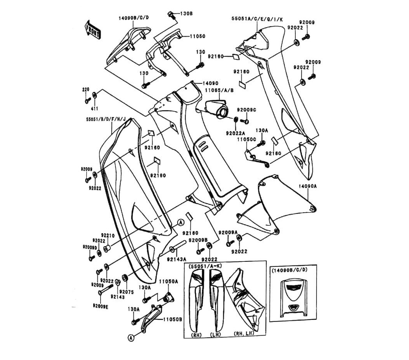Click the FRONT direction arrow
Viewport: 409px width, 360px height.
pos(92,29)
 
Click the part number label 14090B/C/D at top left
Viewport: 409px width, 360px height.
pos(134,18)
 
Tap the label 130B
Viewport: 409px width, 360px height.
pos(186,13)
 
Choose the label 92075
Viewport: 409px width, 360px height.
pos(126,292)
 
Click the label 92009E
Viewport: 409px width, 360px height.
pos(101,306)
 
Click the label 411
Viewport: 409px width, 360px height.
pos(94,109)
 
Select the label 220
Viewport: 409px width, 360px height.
pos(85,90)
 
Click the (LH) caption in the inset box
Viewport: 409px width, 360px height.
pos(215,334)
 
